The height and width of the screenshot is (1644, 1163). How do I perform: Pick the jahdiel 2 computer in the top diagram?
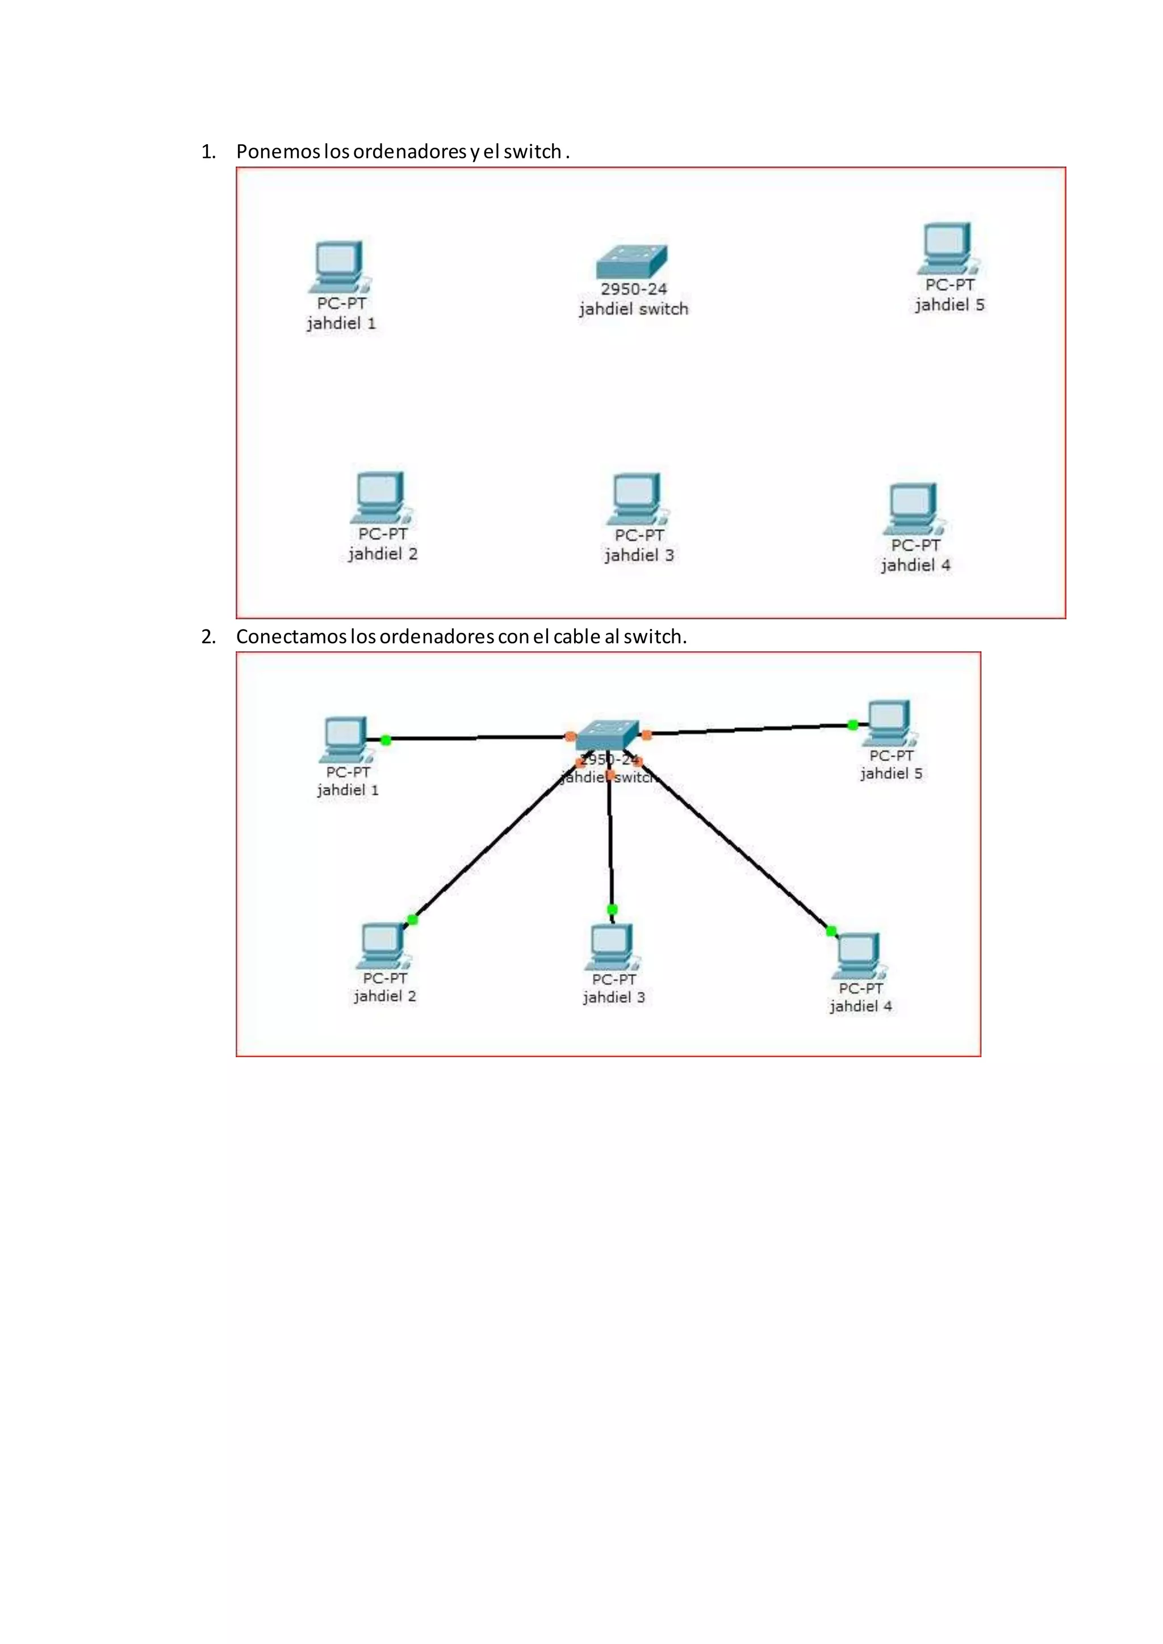tap(381, 496)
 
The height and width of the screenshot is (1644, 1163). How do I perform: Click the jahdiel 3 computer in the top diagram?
tap(637, 498)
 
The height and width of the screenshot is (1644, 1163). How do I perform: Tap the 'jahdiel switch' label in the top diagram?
tap(633, 309)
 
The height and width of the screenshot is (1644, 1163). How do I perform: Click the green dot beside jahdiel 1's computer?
tap(385, 740)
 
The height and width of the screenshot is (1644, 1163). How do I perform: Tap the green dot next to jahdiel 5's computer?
tap(852, 724)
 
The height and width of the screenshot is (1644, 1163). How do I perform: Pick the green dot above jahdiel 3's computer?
tap(612, 909)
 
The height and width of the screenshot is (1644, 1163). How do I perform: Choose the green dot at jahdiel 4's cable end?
tap(831, 931)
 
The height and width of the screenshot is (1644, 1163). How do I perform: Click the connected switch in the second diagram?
tap(607, 734)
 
